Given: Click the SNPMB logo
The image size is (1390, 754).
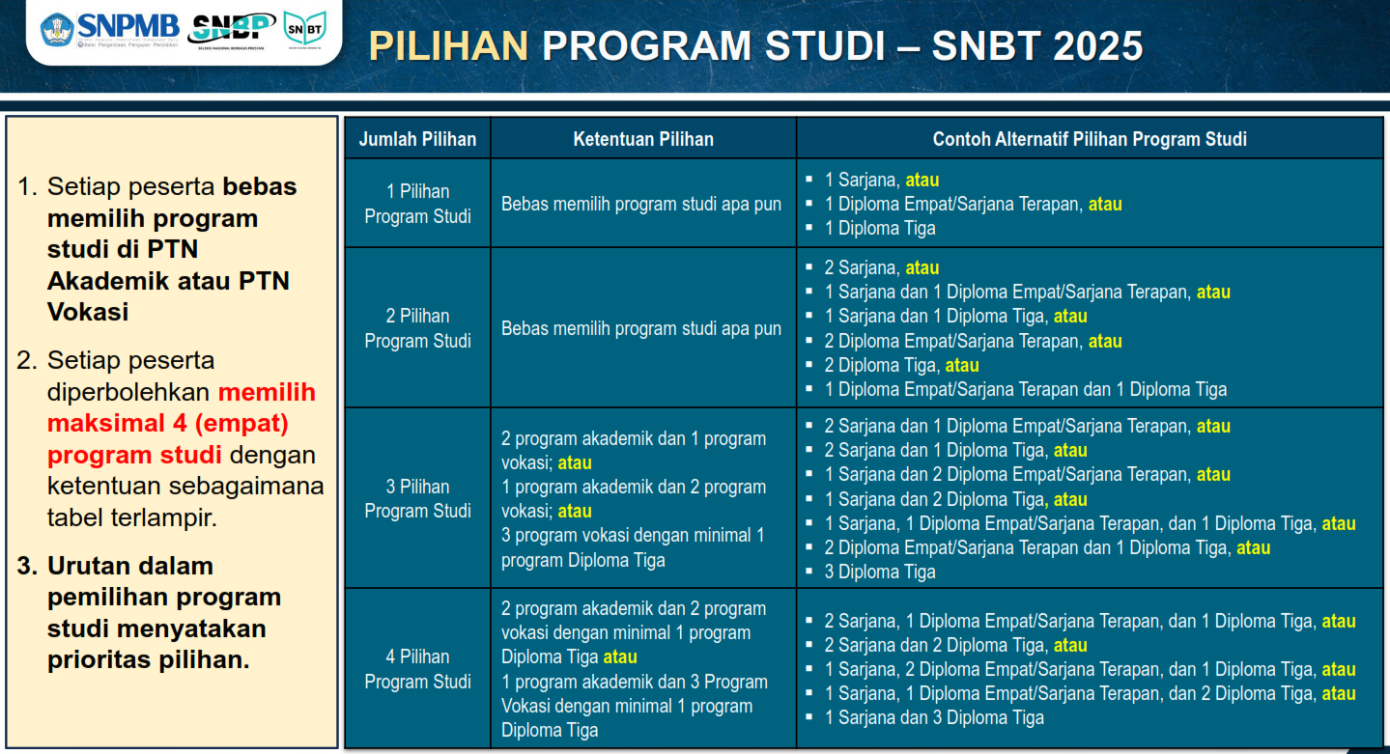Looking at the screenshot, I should (108, 29).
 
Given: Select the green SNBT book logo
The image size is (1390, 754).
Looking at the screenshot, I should (304, 30).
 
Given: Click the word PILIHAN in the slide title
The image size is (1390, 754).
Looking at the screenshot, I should (449, 46).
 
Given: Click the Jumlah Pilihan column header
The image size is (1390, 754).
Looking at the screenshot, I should (417, 139).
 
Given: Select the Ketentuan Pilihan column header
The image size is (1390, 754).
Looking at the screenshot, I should (643, 139).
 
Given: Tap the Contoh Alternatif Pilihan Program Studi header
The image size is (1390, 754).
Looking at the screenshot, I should (1090, 139).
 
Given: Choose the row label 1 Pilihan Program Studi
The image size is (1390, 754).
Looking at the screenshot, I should (417, 204).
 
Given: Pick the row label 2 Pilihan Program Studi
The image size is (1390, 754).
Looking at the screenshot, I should (417, 328).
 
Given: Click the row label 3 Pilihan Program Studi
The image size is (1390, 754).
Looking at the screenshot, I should (417, 498).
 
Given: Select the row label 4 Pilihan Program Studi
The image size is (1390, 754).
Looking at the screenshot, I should (417, 669).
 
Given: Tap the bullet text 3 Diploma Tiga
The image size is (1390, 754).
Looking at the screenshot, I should (879, 572).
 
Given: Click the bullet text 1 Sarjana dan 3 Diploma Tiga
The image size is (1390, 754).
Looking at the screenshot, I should (933, 717).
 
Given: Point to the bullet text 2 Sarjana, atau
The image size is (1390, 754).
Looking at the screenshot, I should (881, 267).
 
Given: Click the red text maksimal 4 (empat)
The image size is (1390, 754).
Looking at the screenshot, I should (168, 423).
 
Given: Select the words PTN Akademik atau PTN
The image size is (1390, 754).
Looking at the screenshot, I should (168, 281).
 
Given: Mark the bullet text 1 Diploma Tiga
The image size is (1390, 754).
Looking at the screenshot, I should (879, 228).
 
